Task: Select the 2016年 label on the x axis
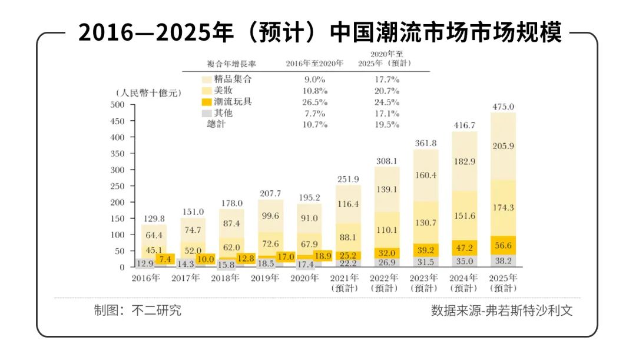pyautogui.click(x=145, y=278)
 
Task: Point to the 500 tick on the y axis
pyautogui.click(x=118, y=105)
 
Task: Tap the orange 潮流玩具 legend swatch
pyautogui.click(x=206, y=102)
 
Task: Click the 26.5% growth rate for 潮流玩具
pyautogui.click(x=313, y=102)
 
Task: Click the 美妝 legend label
pyautogui.click(x=224, y=91)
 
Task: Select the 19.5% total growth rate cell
pyautogui.click(x=386, y=124)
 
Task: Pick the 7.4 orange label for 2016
pyautogui.click(x=165, y=259)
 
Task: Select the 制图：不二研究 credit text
pyautogui.click(x=138, y=311)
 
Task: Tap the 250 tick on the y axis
pyautogui.click(x=118, y=186)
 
